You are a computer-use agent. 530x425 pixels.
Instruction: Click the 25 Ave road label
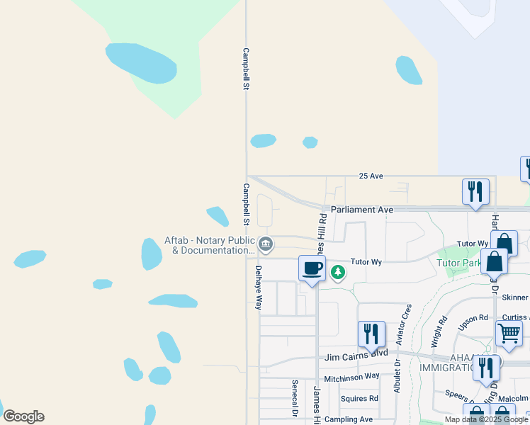pyautogui.click(x=371, y=176)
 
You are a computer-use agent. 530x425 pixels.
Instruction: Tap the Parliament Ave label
pyautogui.click(x=361, y=210)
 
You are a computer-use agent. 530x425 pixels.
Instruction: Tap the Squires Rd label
pyautogui.click(x=359, y=398)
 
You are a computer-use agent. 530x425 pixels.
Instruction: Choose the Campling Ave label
pyautogui.click(x=349, y=419)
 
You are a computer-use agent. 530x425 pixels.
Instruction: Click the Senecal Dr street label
pyautogui.click(x=294, y=397)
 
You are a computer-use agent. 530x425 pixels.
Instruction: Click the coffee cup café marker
pyautogui.click(x=312, y=268)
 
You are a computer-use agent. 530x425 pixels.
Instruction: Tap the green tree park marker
pyautogui.click(x=338, y=271)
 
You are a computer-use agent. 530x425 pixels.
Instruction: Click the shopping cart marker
pyautogui.click(x=509, y=332)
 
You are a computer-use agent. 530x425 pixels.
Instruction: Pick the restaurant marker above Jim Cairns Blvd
pyautogui.click(x=371, y=334)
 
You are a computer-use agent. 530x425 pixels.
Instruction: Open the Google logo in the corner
pyautogui.click(x=23, y=416)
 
